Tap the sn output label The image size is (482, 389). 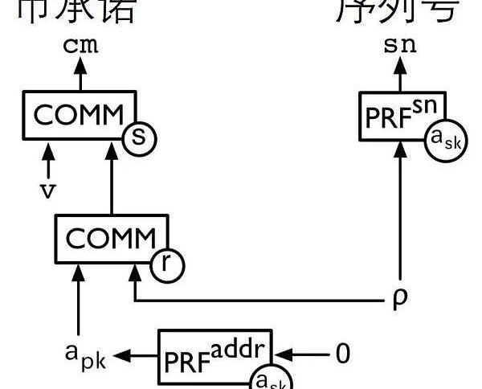click(x=400, y=45)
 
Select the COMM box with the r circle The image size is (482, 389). click(x=110, y=238)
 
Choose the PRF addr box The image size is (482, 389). click(x=215, y=354)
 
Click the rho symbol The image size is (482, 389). click(x=400, y=300)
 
